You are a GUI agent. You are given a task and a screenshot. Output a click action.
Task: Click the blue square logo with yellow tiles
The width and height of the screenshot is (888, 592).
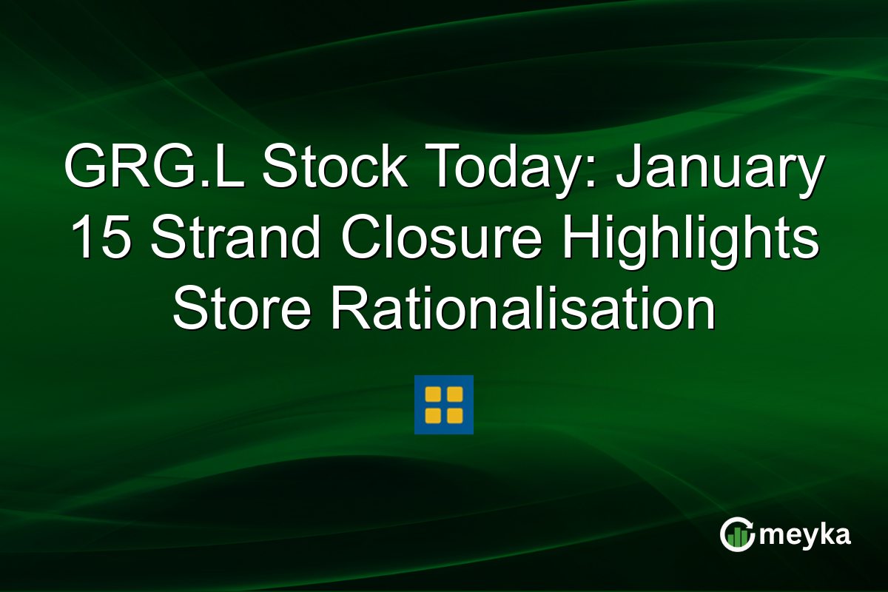pos(444,405)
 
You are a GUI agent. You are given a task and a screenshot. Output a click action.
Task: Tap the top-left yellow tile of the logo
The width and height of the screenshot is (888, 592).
pos(434,395)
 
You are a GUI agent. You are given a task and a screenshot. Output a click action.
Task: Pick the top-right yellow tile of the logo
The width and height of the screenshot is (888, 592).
pos(454,395)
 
